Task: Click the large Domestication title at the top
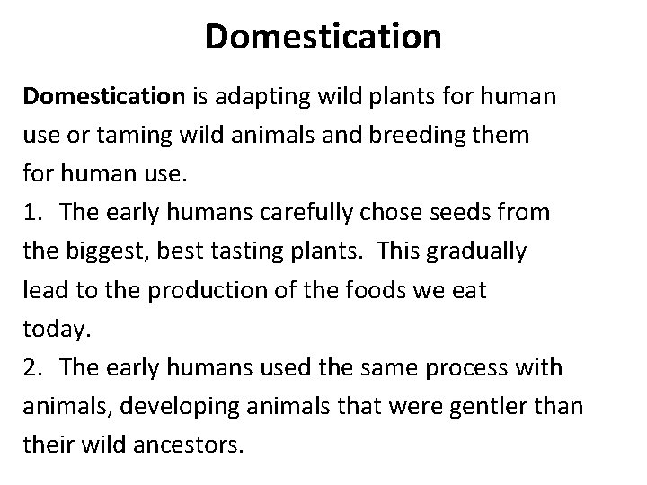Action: [x=323, y=37]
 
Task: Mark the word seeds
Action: [x=454, y=213]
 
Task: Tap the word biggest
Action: [x=104, y=251]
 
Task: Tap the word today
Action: [x=56, y=330]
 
